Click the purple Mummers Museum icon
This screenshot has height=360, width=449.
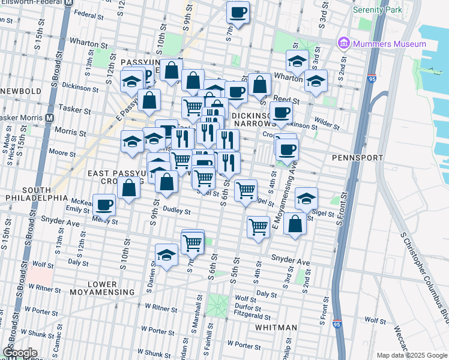344,43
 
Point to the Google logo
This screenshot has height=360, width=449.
20,353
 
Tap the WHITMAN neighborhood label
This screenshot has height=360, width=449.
276,328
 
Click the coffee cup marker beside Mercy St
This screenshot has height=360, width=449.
104,206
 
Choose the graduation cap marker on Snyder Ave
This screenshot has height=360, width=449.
166,256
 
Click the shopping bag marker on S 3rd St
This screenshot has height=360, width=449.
295,225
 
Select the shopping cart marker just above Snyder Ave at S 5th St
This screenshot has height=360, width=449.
258,227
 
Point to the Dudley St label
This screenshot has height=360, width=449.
177,211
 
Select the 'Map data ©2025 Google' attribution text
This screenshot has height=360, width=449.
412,355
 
